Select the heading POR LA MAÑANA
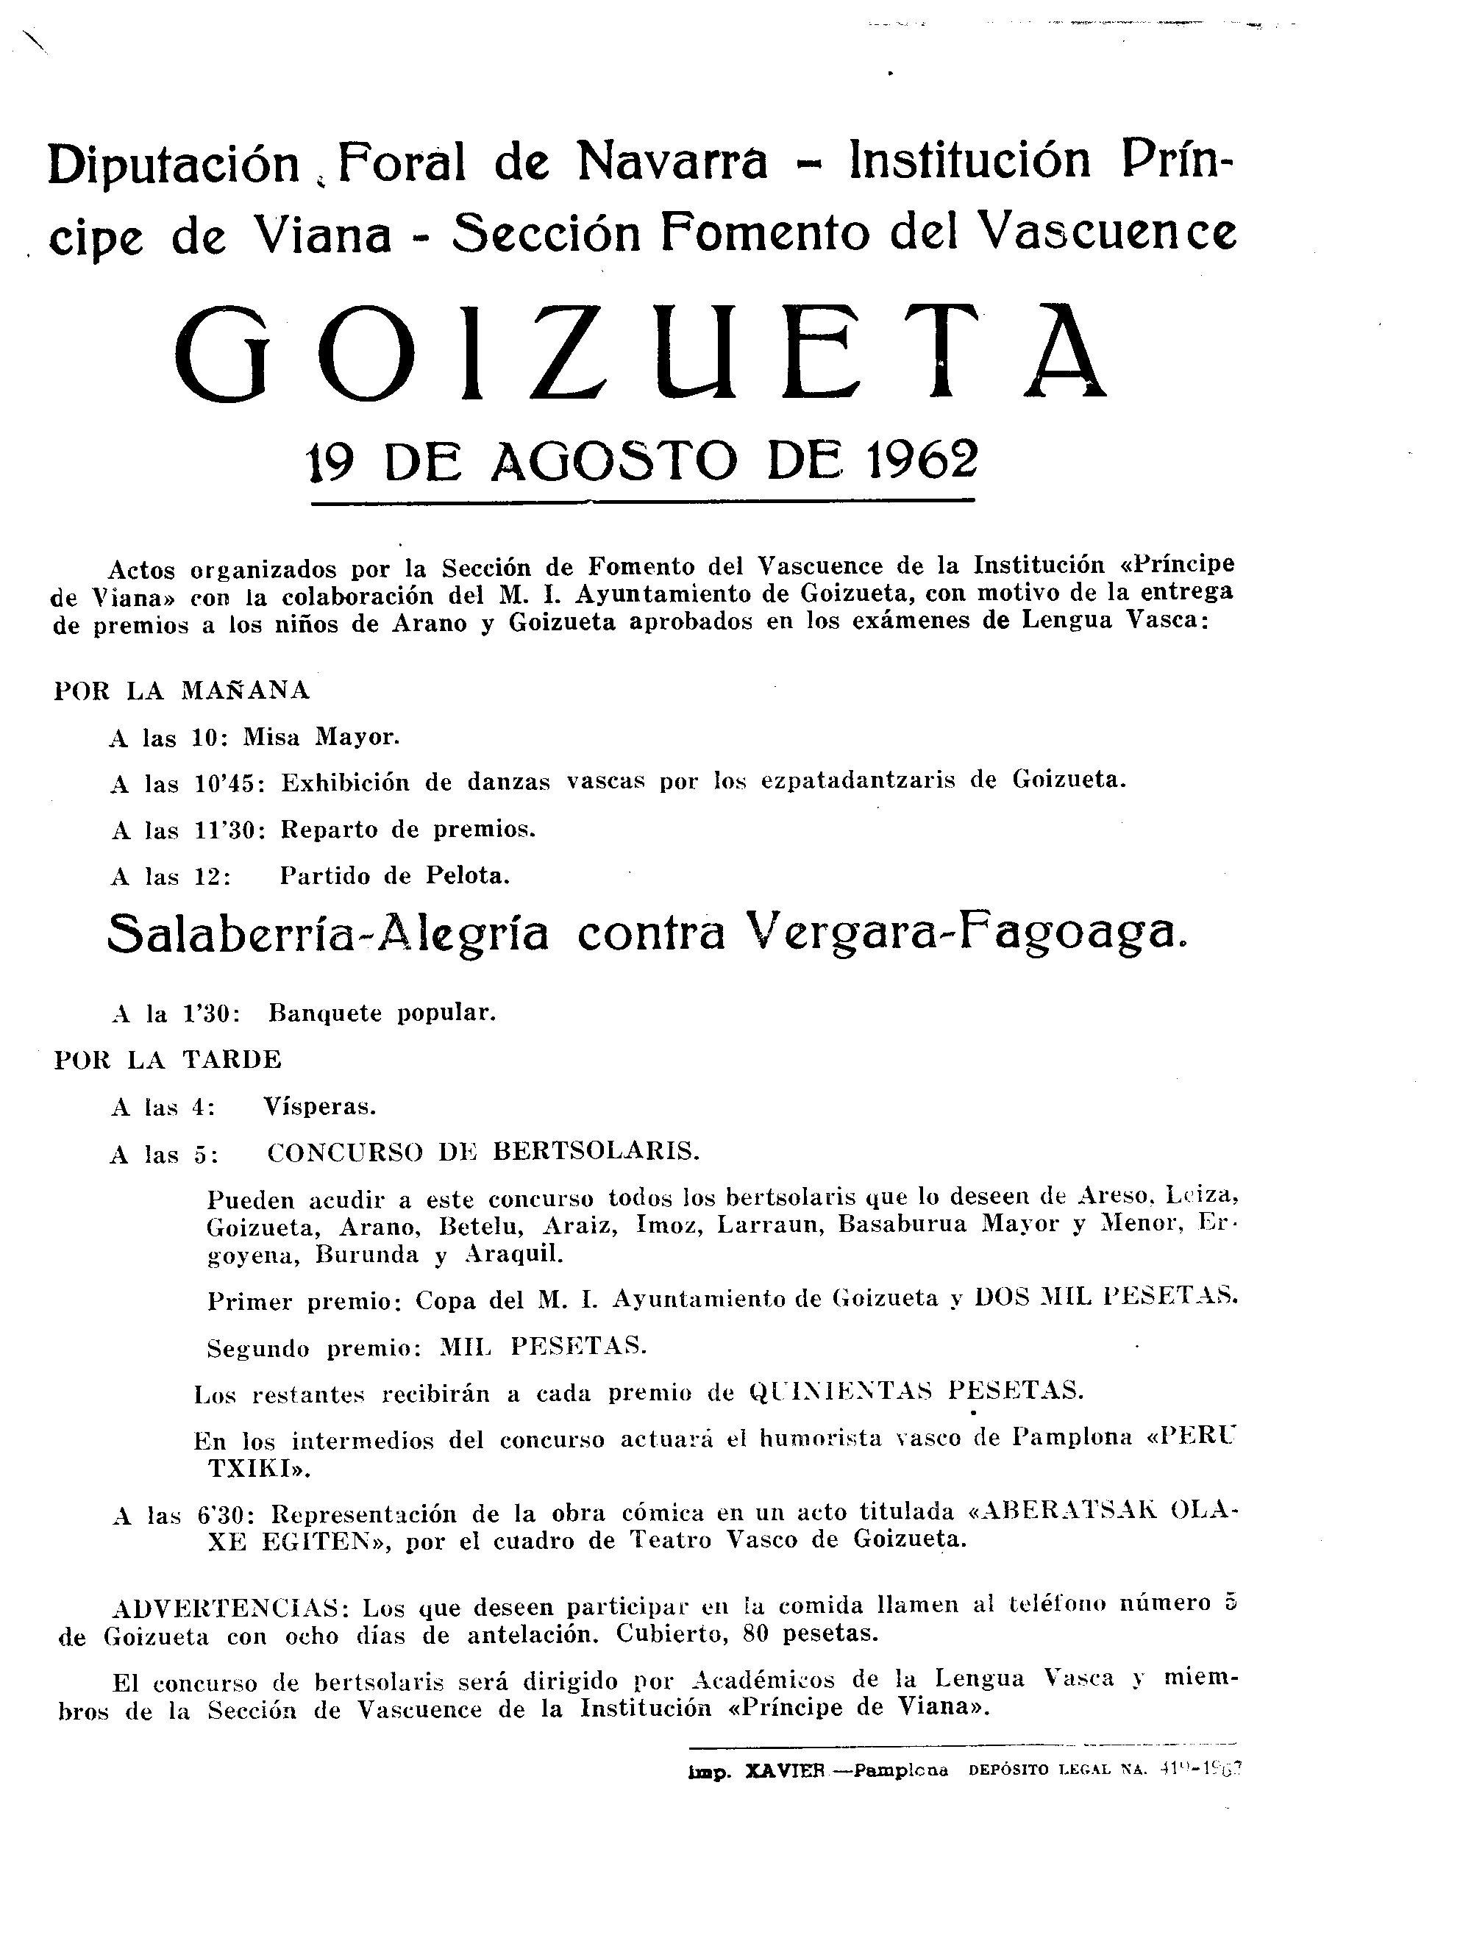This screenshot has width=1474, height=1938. coord(182,691)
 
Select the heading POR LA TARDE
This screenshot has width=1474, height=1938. coord(168,1059)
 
